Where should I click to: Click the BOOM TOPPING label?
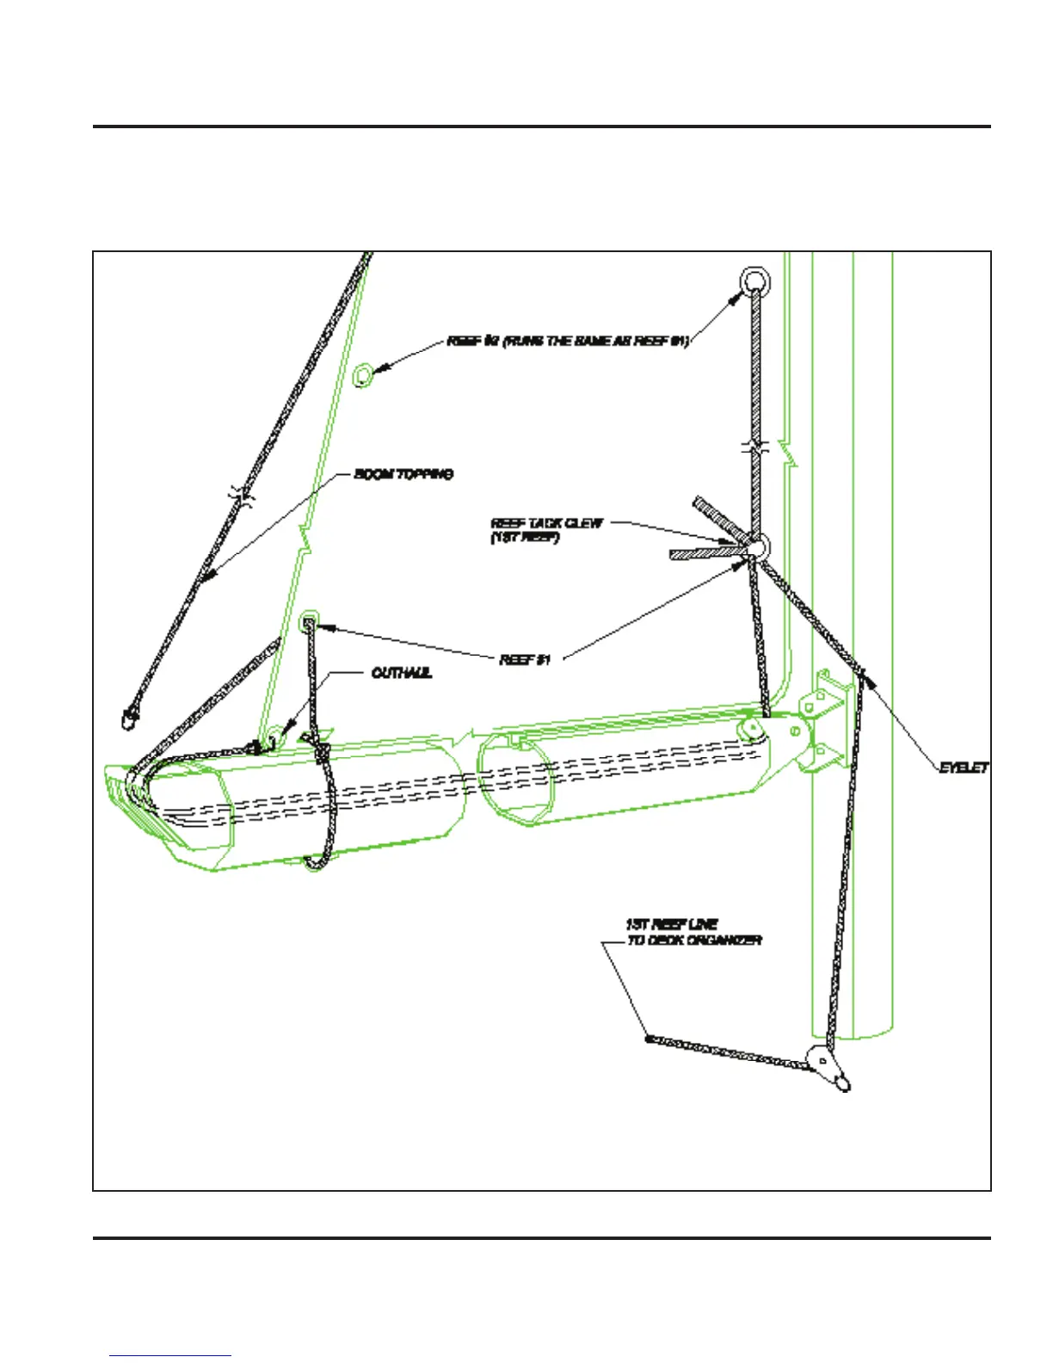[x=403, y=474]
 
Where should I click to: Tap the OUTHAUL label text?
[x=401, y=673]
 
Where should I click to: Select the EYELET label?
[x=963, y=768]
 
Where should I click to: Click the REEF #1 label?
[x=524, y=660]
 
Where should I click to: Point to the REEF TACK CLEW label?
[x=546, y=530]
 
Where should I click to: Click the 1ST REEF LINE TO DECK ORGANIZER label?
[x=693, y=933]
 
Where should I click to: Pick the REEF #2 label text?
[x=568, y=342]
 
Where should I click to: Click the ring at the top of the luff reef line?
[x=754, y=281]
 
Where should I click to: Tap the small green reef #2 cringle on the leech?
[x=364, y=375]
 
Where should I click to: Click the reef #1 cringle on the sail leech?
[x=309, y=622]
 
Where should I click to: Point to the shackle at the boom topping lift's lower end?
[x=128, y=715]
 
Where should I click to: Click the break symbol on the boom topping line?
[x=243, y=495]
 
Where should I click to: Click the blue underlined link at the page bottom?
[x=170, y=1355]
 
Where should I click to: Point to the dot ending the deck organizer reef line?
[x=650, y=1039]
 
